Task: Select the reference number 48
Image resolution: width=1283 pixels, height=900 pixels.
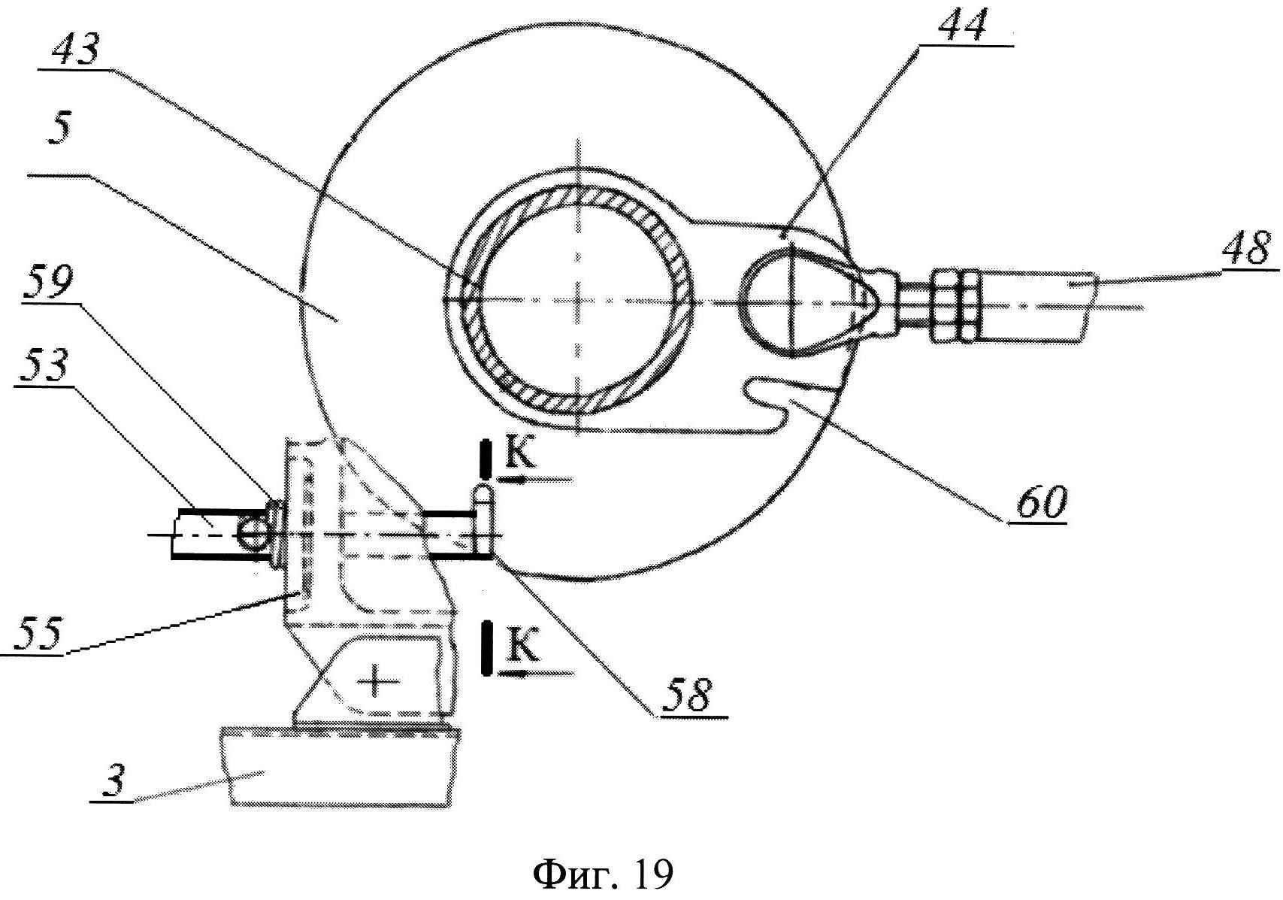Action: tap(1244, 247)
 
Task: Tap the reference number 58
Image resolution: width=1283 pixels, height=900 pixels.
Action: tap(686, 695)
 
